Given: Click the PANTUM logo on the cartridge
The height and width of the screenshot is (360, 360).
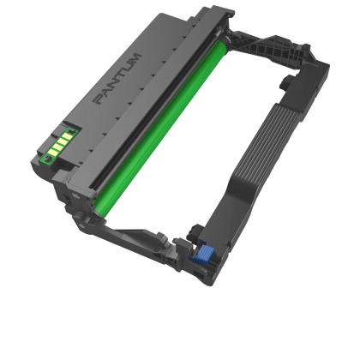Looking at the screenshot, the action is point(117,78).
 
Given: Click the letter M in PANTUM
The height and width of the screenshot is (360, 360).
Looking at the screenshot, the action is point(135,58).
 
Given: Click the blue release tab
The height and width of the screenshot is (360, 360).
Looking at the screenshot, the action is point(202,253).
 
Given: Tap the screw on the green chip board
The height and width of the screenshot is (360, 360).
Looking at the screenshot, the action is point(48,158).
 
